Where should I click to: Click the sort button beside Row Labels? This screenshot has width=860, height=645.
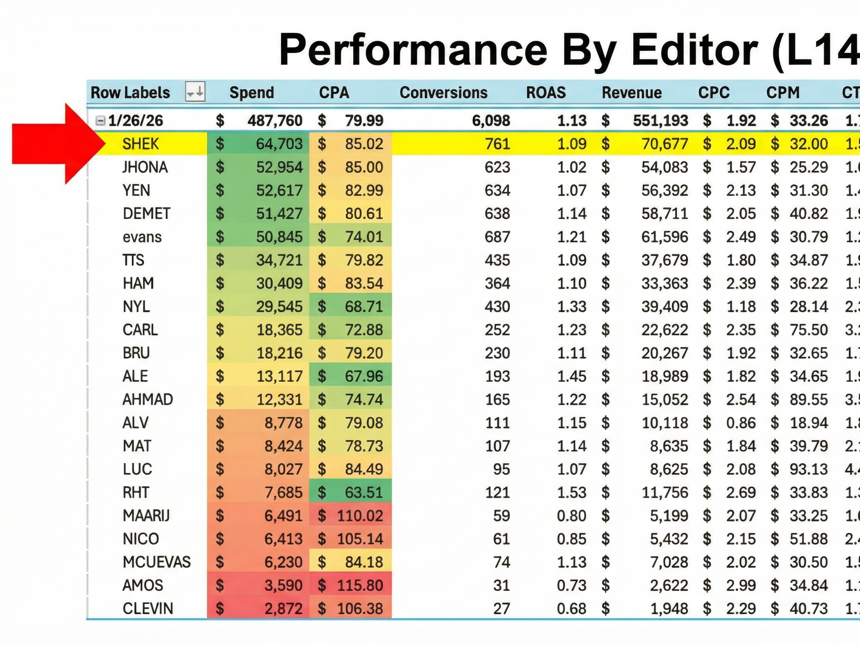(195, 92)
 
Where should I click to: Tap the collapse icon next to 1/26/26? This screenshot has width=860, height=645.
(100, 121)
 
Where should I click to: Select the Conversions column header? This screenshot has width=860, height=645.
(443, 92)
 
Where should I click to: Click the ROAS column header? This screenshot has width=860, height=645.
(546, 92)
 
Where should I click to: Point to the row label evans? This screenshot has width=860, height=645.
(142, 237)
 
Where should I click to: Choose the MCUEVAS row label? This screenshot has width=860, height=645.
(157, 562)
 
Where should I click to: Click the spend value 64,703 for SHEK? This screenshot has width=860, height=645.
(279, 144)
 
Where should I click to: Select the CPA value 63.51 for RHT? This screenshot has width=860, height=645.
(364, 492)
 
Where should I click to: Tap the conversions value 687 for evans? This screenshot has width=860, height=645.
(497, 237)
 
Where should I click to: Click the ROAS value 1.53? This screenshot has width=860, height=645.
(572, 492)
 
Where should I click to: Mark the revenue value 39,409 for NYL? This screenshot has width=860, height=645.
(664, 307)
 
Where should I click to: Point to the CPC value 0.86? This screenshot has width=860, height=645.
(741, 422)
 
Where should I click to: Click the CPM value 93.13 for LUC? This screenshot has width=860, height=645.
(808, 469)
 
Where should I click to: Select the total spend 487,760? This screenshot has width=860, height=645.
(275, 121)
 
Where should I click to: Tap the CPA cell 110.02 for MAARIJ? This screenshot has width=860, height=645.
(360, 516)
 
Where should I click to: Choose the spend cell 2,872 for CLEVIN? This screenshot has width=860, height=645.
(283, 608)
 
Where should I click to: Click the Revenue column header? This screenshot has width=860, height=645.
(632, 92)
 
